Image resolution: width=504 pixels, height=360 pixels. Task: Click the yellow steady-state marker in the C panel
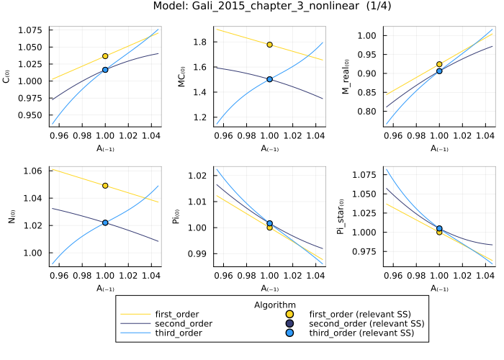tap(105, 55)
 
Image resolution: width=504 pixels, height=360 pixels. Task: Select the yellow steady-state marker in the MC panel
tap(269, 45)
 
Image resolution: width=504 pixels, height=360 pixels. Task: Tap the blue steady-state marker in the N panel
tap(105, 222)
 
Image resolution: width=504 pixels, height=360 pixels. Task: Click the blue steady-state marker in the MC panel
tap(269, 79)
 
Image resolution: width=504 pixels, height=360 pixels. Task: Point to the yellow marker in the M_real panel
tap(439, 64)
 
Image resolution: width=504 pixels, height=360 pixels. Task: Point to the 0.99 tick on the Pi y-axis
tap(199, 253)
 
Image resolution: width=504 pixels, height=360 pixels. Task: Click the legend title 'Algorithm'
tap(275, 305)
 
